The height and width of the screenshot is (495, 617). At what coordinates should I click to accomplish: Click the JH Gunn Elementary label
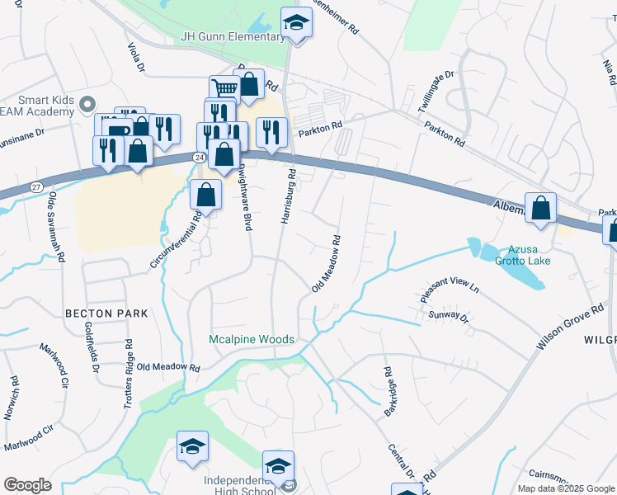pyautogui.click(x=233, y=37)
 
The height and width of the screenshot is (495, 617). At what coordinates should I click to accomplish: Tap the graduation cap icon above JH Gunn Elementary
pyautogui.click(x=296, y=23)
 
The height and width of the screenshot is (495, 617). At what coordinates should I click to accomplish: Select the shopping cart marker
pyautogui.click(x=224, y=87)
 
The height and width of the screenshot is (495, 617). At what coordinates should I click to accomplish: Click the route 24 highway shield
pyautogui.click(x=199, y=156)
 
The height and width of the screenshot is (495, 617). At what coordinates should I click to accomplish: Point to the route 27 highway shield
pyautogui.click(x=35, y=186)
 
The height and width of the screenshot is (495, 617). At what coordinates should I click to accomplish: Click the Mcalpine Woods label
pyautogui.click(x=251, y=339)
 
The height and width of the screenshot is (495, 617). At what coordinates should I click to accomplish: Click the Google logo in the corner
pyautogui.click(x=27, y=485)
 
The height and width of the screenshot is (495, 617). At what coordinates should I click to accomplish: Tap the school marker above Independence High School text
pyautogui.click(x=278, y=465)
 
